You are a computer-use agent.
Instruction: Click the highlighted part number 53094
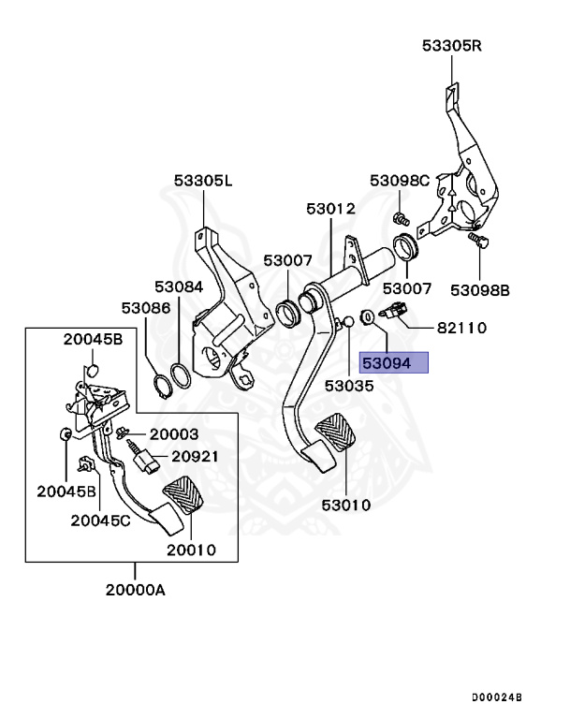click(394, 363)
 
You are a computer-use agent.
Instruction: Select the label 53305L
click(202, 181)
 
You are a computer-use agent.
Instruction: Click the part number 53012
click(331, 209)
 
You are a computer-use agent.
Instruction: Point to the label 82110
click(461, 329)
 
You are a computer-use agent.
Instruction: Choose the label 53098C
click(399, 180)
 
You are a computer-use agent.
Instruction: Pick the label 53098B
click(480, 290)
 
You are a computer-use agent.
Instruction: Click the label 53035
click(349, 385)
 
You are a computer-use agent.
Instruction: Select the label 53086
click(145, 307)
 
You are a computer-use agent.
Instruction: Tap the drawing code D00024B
click(496, 697)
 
